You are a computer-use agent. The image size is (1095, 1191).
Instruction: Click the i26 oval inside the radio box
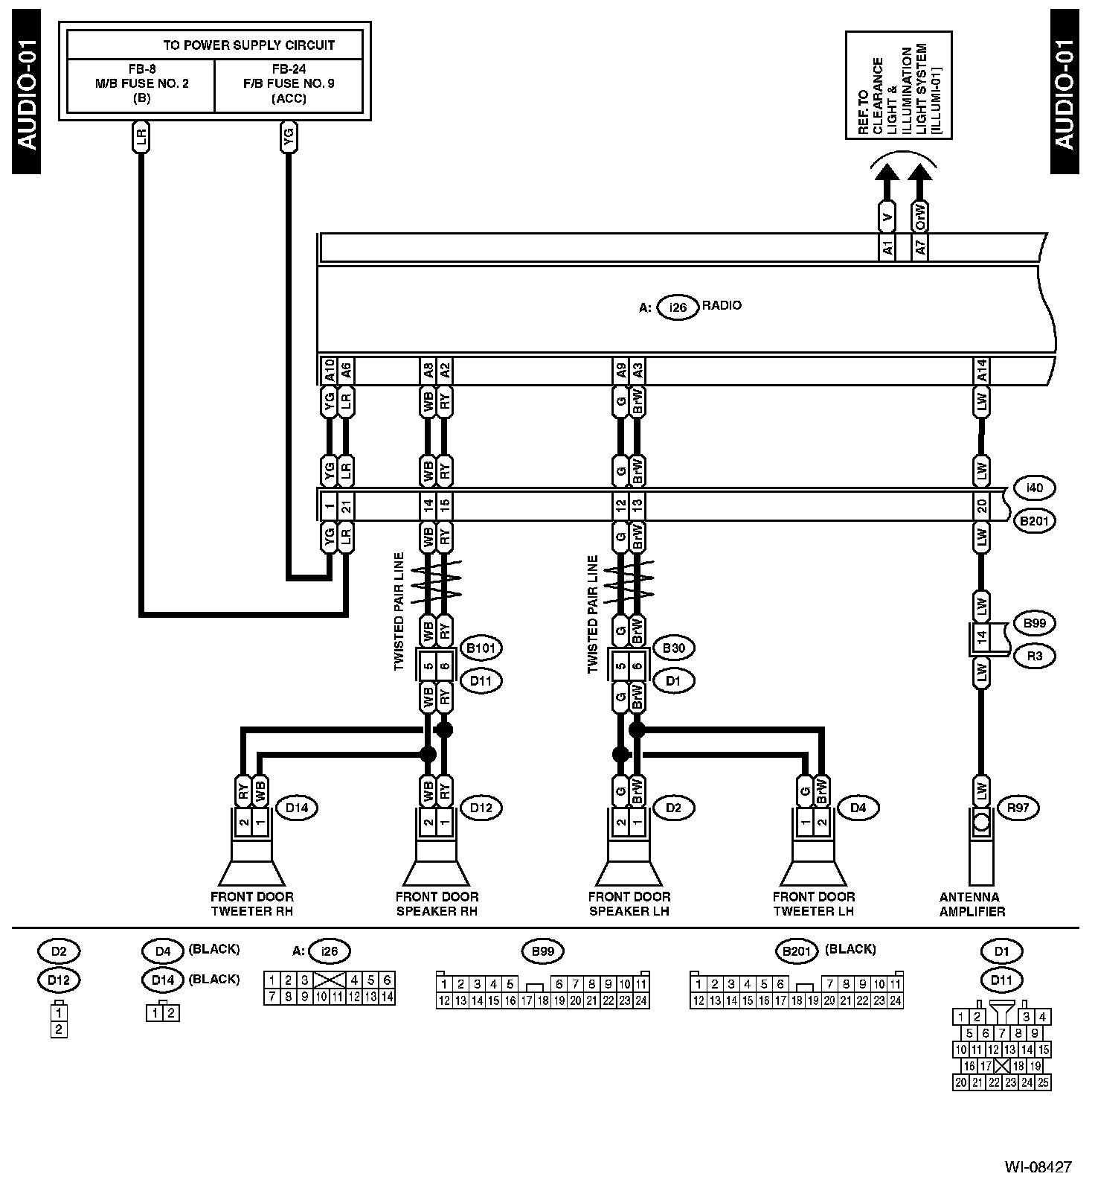pyautogui.click(x=678, y=307)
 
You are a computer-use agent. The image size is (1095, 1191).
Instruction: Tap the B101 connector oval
pyautogui.click(x=481, y=648)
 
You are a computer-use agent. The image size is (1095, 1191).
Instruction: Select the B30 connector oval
pyautogui.click(x=673, y=648)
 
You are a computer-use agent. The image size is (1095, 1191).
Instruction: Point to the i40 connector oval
pyautogui.click(x=1034, y=488)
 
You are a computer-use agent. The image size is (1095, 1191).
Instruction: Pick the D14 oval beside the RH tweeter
pyautogui.click(x=296, y=808)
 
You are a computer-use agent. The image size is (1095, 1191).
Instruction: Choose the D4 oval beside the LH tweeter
pyautogui.click(x=858, y=808)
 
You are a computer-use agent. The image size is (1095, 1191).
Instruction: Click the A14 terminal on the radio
pyautogui.click(x=981, y=371)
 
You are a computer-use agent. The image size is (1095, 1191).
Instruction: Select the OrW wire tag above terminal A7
pyautogui.click(x=920, y=216)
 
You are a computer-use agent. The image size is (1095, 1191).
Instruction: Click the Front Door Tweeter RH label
pyautogui.click(x=252, y=904)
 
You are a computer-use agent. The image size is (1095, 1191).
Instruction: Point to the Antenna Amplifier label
pyautogui.click(x=972, y=904)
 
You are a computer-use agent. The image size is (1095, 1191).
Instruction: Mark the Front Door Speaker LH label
pyautogui.click(x=629, y=904)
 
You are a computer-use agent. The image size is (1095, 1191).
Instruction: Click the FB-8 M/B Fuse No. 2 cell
pyautogui.click(x=141, y=83)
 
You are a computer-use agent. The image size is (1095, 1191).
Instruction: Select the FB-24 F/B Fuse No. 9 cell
pyautogui.click(x=289, y=83)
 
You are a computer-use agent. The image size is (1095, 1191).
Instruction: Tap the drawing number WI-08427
pyautogui.click(x=1038, y=1166)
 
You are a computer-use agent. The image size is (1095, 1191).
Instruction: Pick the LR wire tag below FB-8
pyautogui.click(x=141, y=137)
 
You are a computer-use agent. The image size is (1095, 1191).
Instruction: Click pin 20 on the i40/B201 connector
pyautogui.click(x=981, y=506)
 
